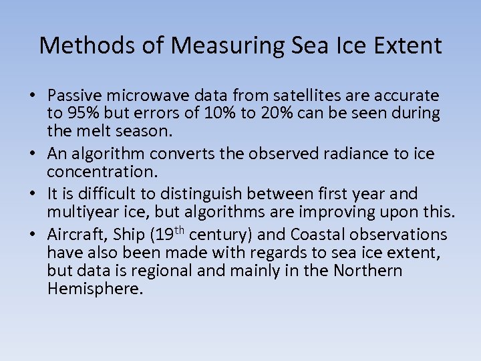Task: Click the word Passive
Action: tap(74, 96)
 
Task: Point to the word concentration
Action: tap(102, 172)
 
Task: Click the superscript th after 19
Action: tap(180, 230)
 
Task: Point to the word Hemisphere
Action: tap(95, 289)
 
